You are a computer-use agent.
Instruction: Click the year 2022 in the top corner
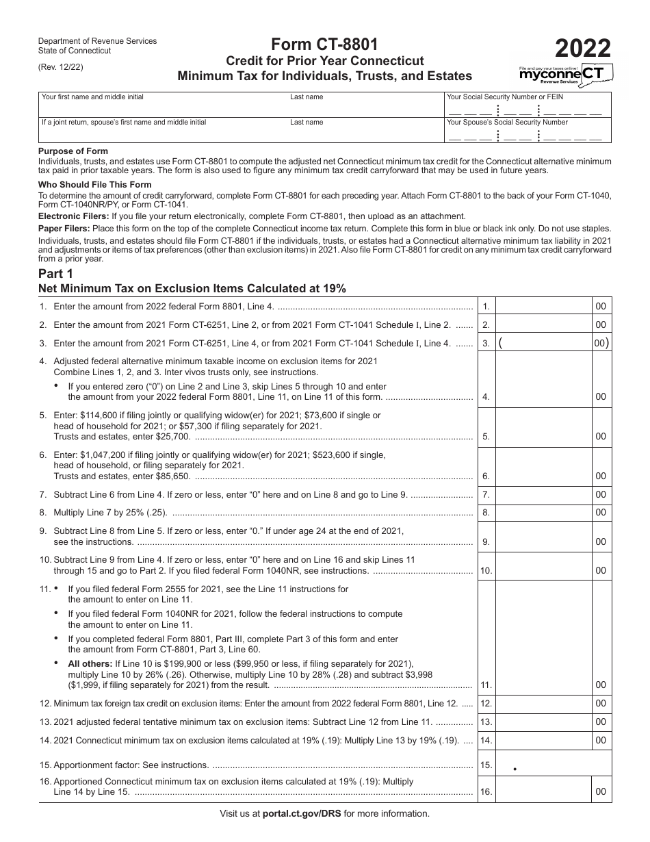click(x=583, y=49)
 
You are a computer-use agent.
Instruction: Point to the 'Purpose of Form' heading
click(x=73, y=151)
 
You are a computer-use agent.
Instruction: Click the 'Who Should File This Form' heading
click(x=95, y=184)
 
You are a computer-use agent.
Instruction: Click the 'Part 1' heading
click(x=56, y=274)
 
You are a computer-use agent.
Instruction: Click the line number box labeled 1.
click(x=486, y=307)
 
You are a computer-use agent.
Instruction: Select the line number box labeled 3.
click(x=486, y=344)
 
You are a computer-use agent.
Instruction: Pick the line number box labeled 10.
click(x=486, y=571)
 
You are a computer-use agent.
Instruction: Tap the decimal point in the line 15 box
click(x=515, y=769)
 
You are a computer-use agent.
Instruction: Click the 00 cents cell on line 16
click(x=601, y=792)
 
